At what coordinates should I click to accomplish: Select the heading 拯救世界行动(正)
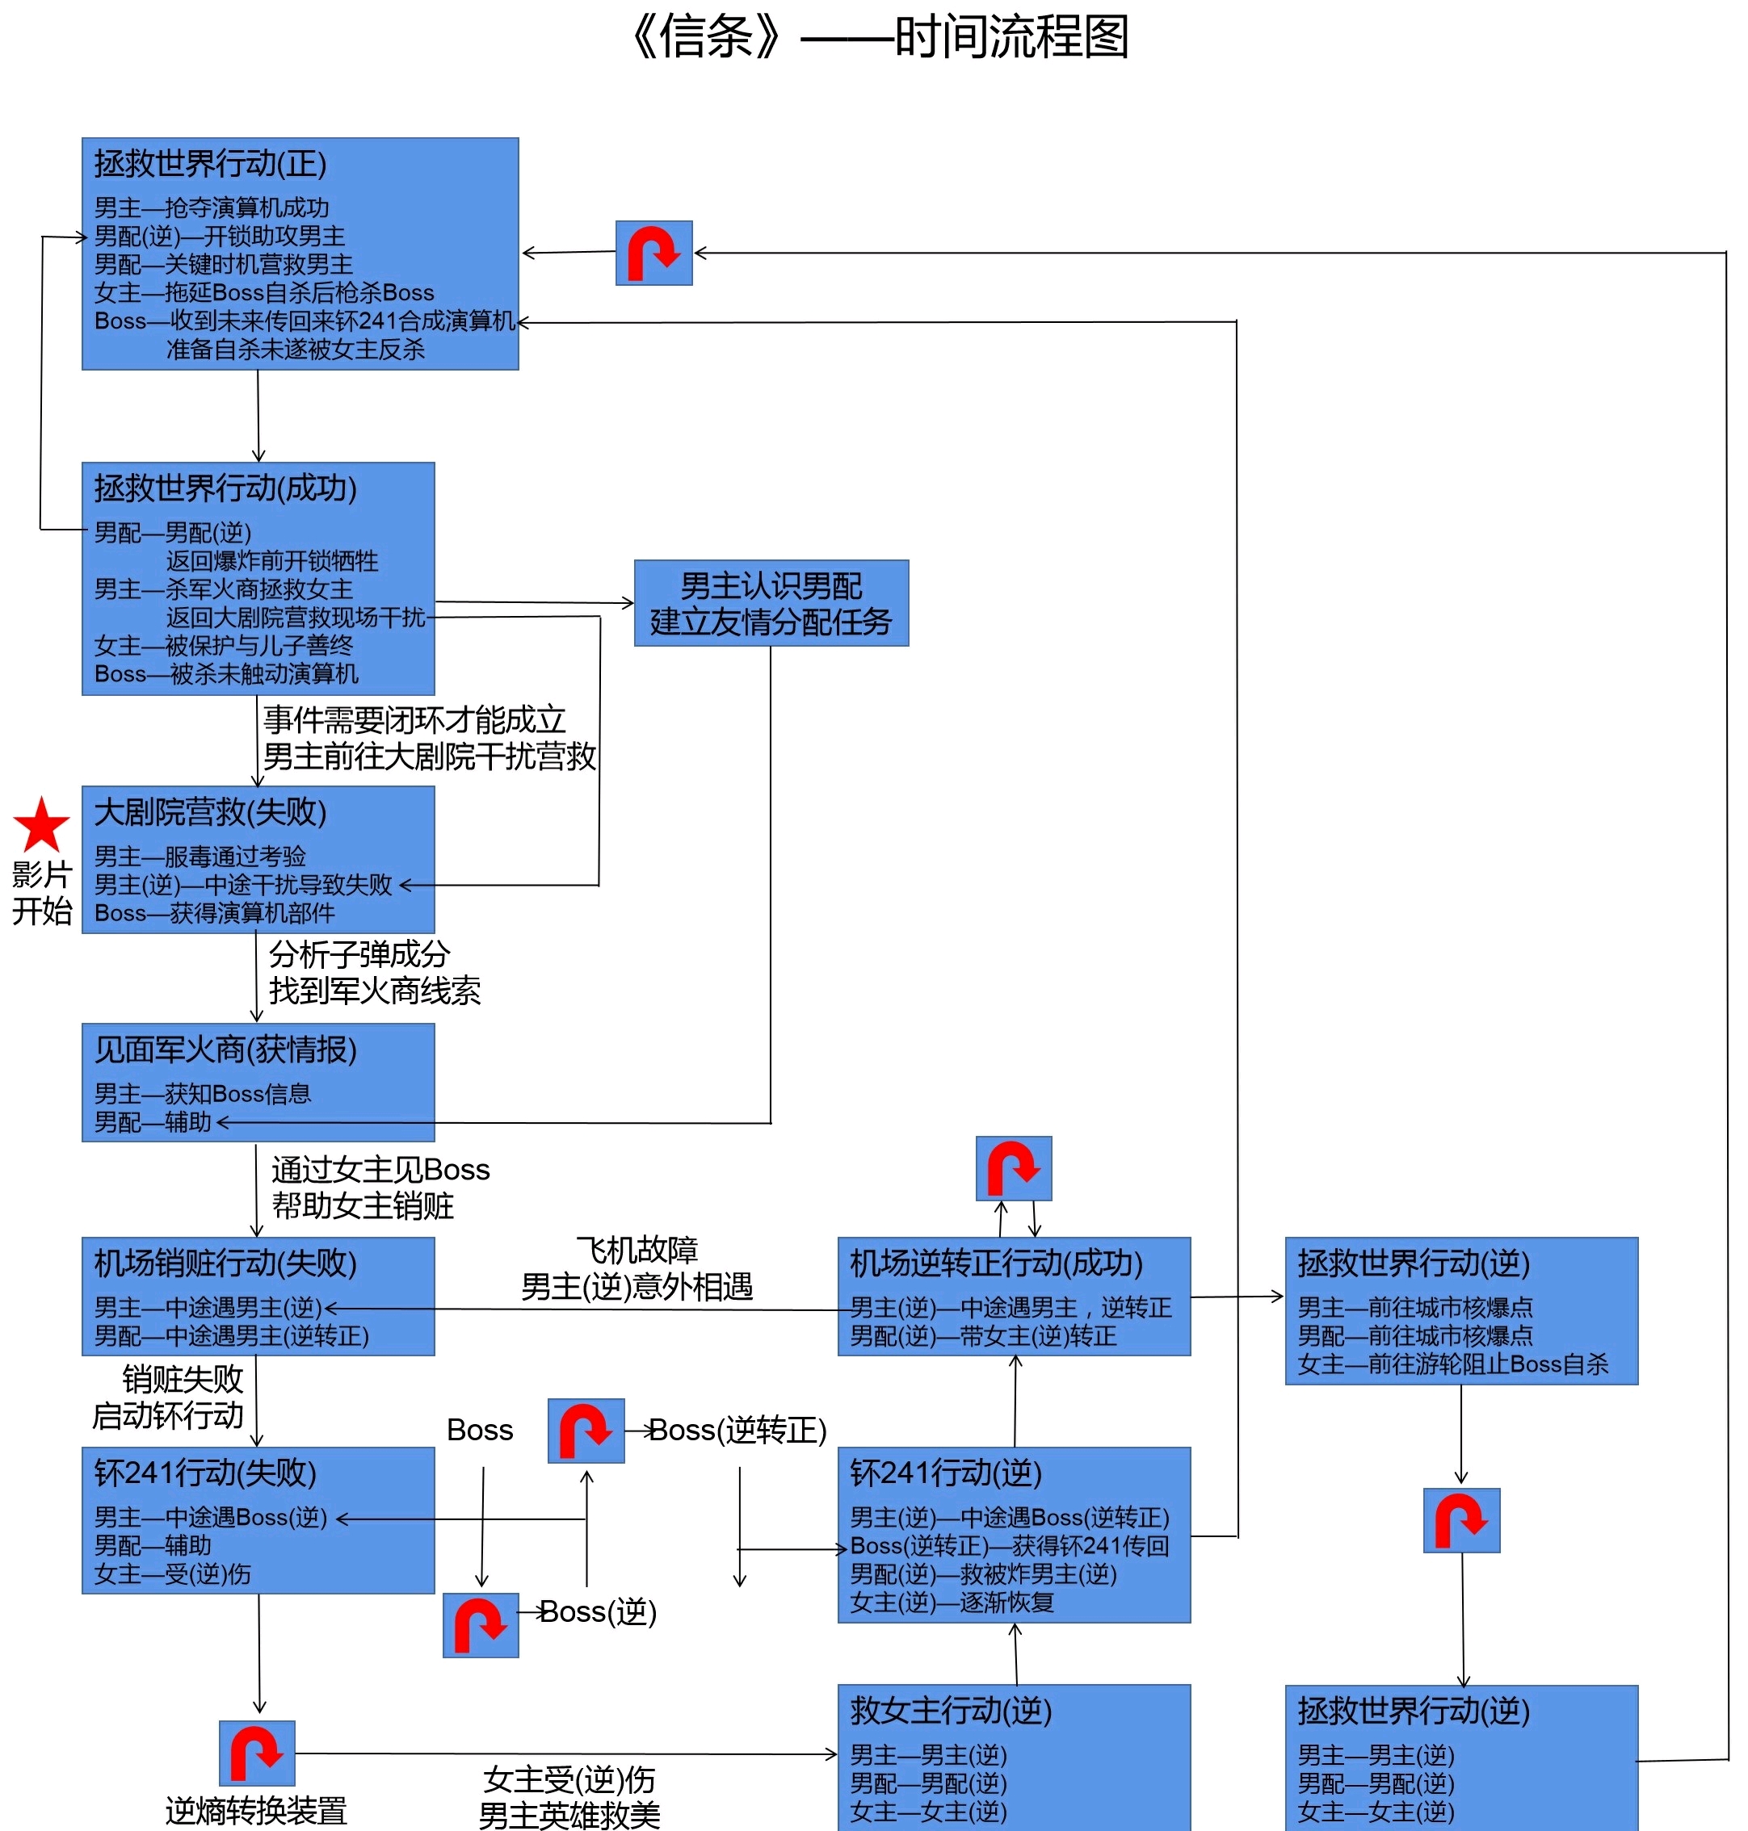tap(210, 164)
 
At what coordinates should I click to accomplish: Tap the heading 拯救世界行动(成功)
tap(225, 488)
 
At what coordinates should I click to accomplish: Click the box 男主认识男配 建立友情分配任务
tap(771, 604)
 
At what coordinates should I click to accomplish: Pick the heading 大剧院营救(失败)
tap(210, 812)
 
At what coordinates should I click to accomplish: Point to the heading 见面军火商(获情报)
tap(225, 1050)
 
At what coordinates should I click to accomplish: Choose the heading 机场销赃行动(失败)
tap(225, 1263)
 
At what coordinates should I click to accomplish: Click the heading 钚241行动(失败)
tap(205, 1473)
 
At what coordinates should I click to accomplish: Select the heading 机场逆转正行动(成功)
tap(995, 1263)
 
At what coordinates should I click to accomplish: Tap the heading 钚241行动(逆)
tap(945, 1473)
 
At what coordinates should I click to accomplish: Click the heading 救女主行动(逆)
tap(951, 1710)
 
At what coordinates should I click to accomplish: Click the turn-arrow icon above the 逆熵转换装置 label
tap(257, 1753)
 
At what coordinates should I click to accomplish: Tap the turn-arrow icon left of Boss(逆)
tap(481, 1625)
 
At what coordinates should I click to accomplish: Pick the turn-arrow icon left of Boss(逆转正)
tap(586, 1431)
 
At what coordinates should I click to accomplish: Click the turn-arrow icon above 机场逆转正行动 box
tap(1014, 1168)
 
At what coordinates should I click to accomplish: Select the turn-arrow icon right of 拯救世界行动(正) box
tap(654, 253)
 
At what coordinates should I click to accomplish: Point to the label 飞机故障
tap(637, 1250)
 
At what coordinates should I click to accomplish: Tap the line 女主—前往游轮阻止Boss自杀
tap(1452, 1364)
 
